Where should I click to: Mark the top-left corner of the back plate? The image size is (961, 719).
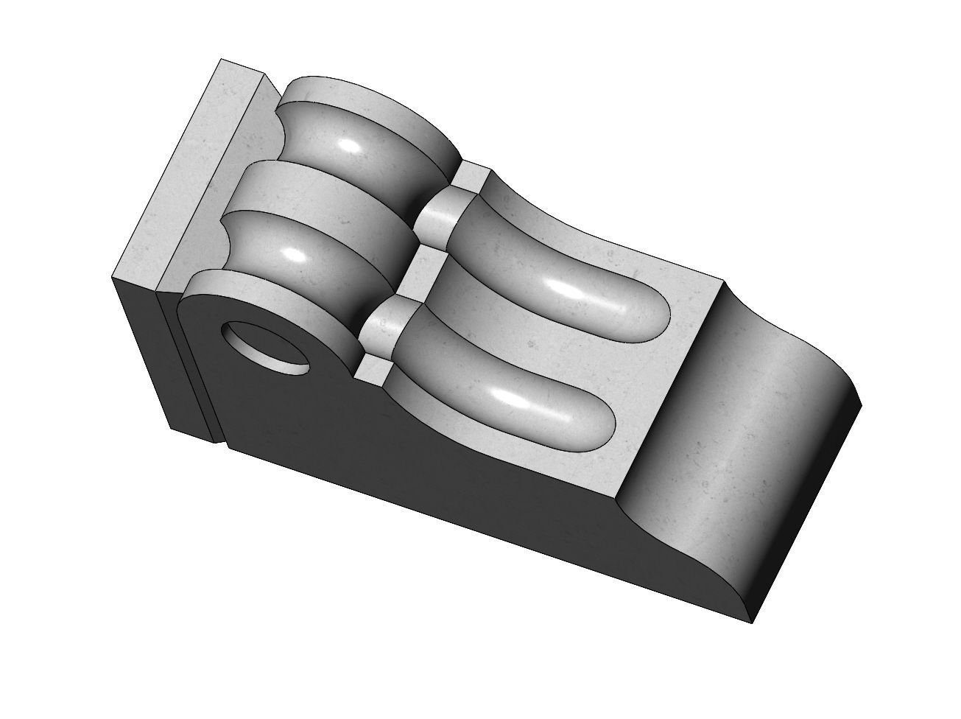(x=220, y=60)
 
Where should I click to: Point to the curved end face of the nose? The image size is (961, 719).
(x=736, y=442)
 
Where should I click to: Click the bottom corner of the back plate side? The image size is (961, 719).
(x=171, y=429)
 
